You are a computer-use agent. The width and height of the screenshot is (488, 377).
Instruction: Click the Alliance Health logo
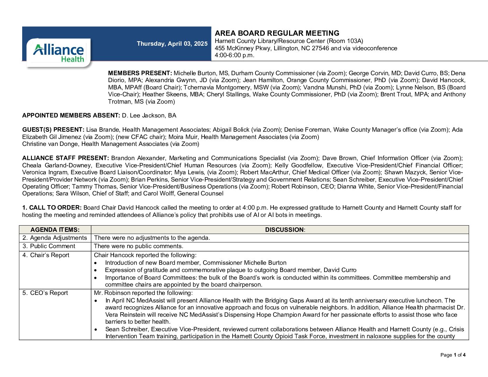(59, 52)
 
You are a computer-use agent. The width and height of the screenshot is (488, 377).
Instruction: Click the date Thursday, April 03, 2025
(172, 44)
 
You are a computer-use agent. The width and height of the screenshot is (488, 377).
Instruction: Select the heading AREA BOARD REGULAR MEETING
(277, 33)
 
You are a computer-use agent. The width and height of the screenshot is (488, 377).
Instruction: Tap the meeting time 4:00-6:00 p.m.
(235, 55)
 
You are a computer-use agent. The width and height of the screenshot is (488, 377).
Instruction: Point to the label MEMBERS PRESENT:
(140, 73)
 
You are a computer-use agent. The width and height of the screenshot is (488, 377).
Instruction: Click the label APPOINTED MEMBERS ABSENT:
(71, 115)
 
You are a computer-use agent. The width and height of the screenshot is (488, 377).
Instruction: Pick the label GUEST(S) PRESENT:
(53, 130)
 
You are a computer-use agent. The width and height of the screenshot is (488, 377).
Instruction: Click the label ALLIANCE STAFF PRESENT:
(66, 158)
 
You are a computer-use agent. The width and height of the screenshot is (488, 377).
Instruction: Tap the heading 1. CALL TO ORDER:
(52, 208)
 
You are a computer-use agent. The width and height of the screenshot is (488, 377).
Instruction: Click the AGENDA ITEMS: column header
(55, 230)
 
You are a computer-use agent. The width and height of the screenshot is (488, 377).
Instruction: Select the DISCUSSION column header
(285, 230)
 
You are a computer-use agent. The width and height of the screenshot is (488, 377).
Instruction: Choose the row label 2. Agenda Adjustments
(55, 238)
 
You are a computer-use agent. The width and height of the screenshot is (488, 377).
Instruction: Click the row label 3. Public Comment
(49, 246)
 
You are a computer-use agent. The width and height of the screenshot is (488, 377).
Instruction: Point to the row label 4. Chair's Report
(46, 255)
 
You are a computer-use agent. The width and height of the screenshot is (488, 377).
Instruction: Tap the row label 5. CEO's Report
(45, 293)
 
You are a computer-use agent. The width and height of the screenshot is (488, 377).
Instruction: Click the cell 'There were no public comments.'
(139, 246)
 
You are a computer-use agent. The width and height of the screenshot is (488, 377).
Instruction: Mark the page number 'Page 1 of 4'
(453, 355)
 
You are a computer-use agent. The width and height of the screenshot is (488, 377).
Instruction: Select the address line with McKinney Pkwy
(306, 48)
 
